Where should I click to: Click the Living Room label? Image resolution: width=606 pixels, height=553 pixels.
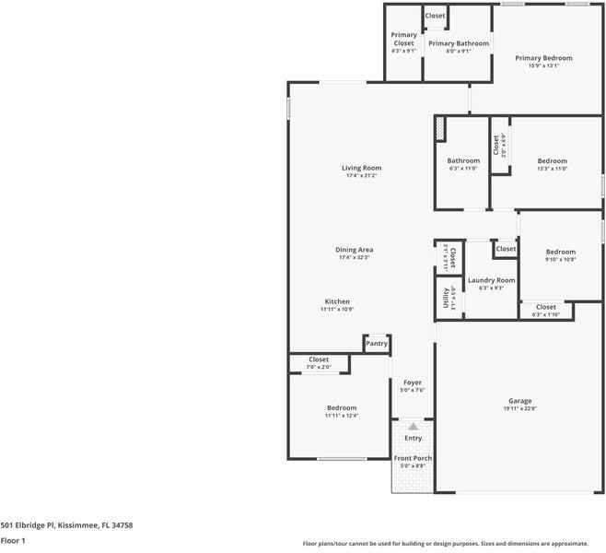[x=361, y=168]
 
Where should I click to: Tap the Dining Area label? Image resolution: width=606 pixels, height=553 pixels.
[x=354, y=250]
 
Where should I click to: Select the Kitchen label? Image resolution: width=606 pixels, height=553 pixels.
[x=337, y=301]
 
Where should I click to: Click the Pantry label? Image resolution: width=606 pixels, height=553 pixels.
[x=377, y=344]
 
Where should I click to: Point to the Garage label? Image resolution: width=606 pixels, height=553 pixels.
[x=520, y=401]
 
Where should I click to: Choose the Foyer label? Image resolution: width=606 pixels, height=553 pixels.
[x=412, y=382]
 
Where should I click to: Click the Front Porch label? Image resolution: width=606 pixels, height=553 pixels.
[x=413, y=458]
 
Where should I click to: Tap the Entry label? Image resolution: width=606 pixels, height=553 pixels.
[x=414, y=438]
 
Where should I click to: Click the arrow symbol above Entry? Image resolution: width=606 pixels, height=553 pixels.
[x=414, y=426]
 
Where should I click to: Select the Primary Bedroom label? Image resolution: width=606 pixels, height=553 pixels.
[x=543, y=58]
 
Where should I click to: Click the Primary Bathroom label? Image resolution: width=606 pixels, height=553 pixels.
[x=459, y=43]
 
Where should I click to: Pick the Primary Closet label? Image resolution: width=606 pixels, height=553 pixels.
[x=403, y=39]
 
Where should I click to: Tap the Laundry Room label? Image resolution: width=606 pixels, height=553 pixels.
[x=491, y=280]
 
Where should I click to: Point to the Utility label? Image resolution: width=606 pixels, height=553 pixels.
[x=446, y=299]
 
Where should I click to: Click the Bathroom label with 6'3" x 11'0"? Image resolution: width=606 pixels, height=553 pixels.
[x=463, y=160]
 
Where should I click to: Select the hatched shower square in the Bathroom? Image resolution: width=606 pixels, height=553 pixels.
[x=441, y=127]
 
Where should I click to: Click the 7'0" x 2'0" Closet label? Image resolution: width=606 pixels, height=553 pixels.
[x=319, y=359]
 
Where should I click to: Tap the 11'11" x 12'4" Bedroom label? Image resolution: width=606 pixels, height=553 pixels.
[x=341, y=407]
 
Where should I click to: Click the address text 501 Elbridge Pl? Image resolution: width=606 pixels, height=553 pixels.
[x=66, y=524]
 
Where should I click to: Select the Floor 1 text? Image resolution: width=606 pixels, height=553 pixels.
[x=13, y=541]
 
